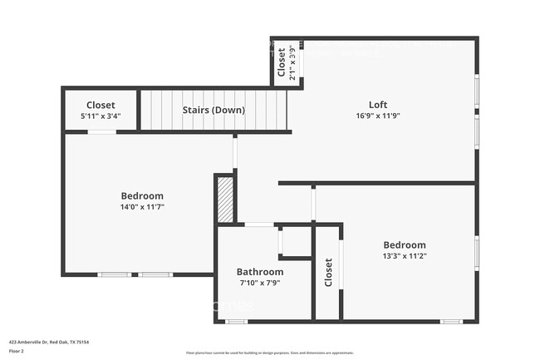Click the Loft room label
(x=378, y=105)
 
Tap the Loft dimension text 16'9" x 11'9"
(x=378, y=116)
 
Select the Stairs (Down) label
(x=214, y=110)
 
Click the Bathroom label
(x=260, y=272)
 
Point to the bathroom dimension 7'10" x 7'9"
(x=260, y=284)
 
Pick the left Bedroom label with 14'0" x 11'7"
(x=142, y=196)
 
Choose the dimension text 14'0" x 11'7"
(x=142, y=207)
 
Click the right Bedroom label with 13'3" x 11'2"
(x=405, y=245)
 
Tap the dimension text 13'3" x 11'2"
(x=405, y=257)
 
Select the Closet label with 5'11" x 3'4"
(x=101, y=106)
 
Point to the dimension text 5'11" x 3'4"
(x=101, y=116)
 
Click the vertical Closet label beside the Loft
(x=282, y=62)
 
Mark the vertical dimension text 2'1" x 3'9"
(x=292, y=62)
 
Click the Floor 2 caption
(x=17, y=352)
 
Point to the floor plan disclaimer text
(x=270, y=353)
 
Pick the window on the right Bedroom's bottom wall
(x=451, y=321)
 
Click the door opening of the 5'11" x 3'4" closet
(x=101, y=131)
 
